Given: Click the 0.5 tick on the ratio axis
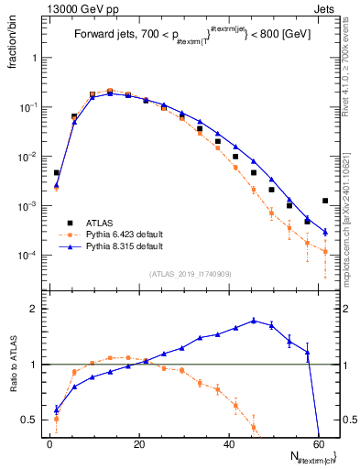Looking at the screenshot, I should [30, 420].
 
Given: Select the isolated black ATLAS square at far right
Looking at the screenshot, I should [325, 201].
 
